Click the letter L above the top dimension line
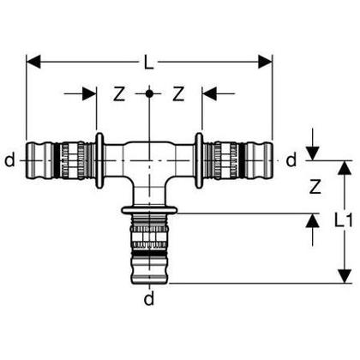149,51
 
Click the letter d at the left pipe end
9,159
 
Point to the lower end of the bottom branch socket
149,279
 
